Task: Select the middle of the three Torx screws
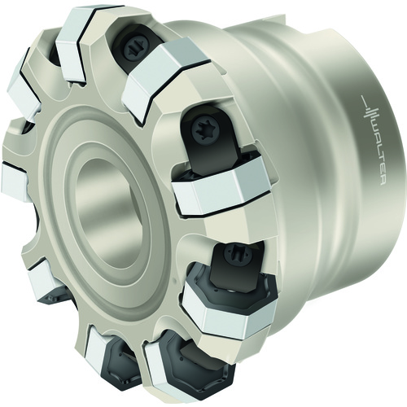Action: click(203, 129)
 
